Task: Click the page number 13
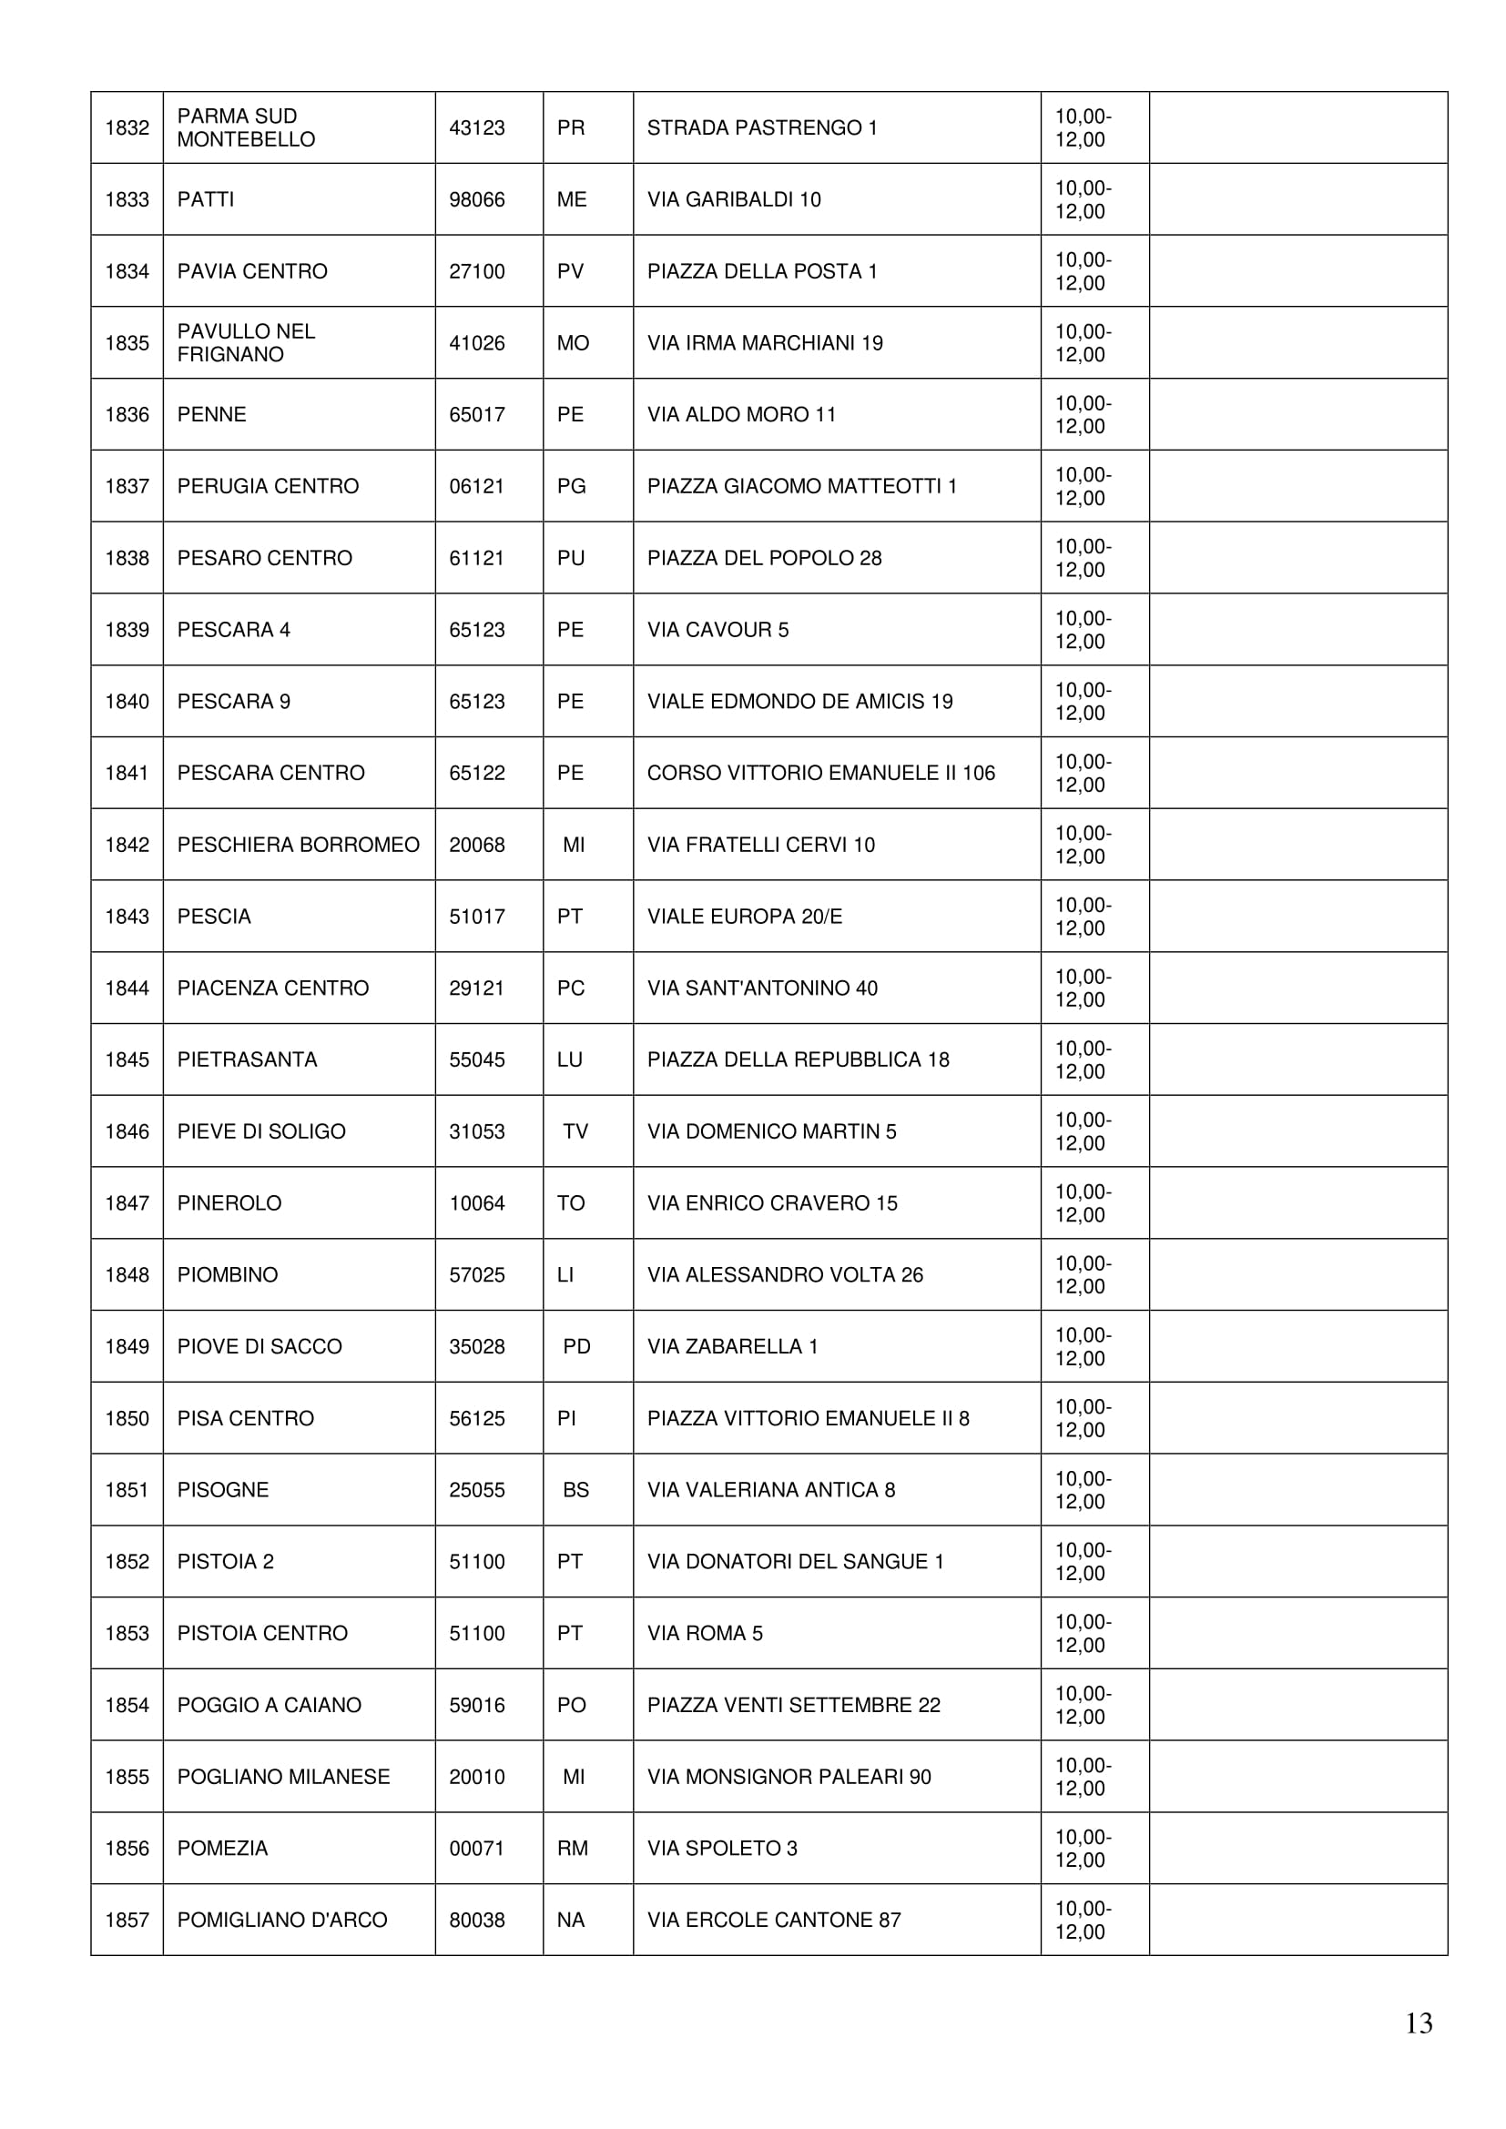point(1418,2023)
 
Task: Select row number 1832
point(127,128)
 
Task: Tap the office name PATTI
point(206,199)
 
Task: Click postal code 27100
point(476,271)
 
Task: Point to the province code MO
point(573,343)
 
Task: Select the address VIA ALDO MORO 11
point(741,414)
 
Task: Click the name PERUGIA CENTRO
point(268,486)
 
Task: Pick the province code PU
point(570,558)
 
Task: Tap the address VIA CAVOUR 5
point(717,630)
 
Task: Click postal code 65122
point(476,774)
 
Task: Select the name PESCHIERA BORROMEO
point(298,845)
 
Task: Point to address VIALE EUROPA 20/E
point(745,917)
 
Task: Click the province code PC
point(570,988)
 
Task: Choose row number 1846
point(127,1131)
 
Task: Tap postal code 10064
point(476,1203)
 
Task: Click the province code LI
point(565,1275)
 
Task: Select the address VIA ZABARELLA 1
point(733,1346)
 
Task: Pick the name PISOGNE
point(222,1490)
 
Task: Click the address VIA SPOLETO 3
point(721,1848)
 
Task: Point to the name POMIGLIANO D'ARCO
point(282,1920)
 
